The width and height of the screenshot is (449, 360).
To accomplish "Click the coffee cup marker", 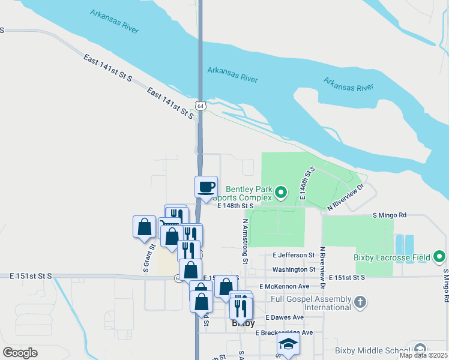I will tap(206, 186).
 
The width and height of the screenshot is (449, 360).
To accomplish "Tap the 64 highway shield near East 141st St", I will tap(200, 106).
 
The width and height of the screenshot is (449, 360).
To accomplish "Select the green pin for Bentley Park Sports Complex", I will tap(280, 193).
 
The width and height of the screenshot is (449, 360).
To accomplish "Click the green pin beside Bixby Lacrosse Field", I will tap(439, 257).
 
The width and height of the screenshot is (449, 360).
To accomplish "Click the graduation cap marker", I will tap(288, 345).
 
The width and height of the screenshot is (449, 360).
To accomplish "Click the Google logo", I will tap(20, 353).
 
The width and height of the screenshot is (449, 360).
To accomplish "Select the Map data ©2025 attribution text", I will tap(423, 355).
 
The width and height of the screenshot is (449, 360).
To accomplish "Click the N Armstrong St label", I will tap(245, 241).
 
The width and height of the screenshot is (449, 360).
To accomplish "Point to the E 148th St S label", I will tap(235, 205).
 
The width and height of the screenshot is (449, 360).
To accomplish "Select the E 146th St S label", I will tap(307, 184).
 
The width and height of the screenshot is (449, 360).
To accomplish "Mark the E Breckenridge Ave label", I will tap(284, 332).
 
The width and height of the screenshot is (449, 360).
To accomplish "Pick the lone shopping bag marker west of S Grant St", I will tap(144, 227).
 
